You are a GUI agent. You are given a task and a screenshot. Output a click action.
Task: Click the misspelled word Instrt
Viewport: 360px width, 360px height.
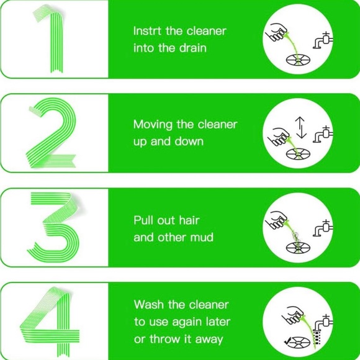point(147,31)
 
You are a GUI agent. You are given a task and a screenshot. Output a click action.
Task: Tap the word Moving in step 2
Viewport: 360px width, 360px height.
point(153,125)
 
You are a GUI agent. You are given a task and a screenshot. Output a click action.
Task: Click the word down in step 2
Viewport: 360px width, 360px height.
point(189,142)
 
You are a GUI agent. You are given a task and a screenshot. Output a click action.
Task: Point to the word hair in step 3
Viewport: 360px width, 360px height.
point(189,220)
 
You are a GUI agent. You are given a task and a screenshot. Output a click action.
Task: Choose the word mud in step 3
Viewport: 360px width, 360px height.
point(202,237)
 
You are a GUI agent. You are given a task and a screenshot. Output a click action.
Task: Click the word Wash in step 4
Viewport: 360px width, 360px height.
point(149,305)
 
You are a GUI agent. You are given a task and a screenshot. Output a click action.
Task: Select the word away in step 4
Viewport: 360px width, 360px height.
point(209,340)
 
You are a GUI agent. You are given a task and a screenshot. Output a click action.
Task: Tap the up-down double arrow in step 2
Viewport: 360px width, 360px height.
point(301,128)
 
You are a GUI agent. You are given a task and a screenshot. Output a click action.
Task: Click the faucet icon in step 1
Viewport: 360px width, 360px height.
point(323,40)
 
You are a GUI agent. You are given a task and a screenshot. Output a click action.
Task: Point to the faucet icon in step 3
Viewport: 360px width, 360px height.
point(323,228)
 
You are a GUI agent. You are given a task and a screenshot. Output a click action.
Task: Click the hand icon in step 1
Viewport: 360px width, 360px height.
point(276,32)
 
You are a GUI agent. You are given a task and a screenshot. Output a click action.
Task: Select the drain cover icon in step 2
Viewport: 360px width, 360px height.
point(298,154)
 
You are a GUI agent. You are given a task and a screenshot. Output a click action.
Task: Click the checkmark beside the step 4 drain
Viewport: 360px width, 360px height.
point(287,341)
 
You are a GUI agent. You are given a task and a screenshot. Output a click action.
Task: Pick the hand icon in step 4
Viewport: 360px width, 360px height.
point(293,315)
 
